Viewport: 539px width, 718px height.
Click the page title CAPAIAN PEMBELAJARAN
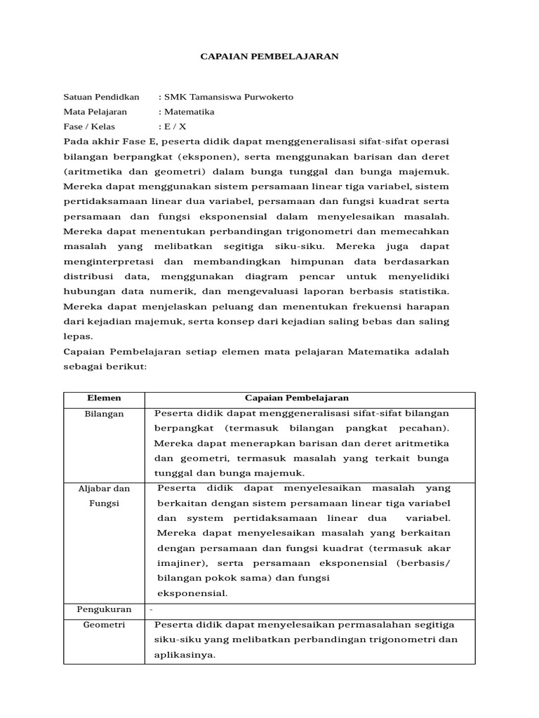point(269,56)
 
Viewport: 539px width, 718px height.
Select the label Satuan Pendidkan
point(101,96)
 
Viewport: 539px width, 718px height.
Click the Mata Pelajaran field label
point(95,111)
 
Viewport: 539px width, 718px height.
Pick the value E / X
point(175,127)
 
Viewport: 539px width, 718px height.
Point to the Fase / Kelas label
point(90,127)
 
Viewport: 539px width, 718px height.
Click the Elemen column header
point(104,398)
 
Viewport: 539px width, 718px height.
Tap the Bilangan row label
point(104,414)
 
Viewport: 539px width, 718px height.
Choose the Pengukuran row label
point(104,610)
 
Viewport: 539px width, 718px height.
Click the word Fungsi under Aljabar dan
point(104,503)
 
